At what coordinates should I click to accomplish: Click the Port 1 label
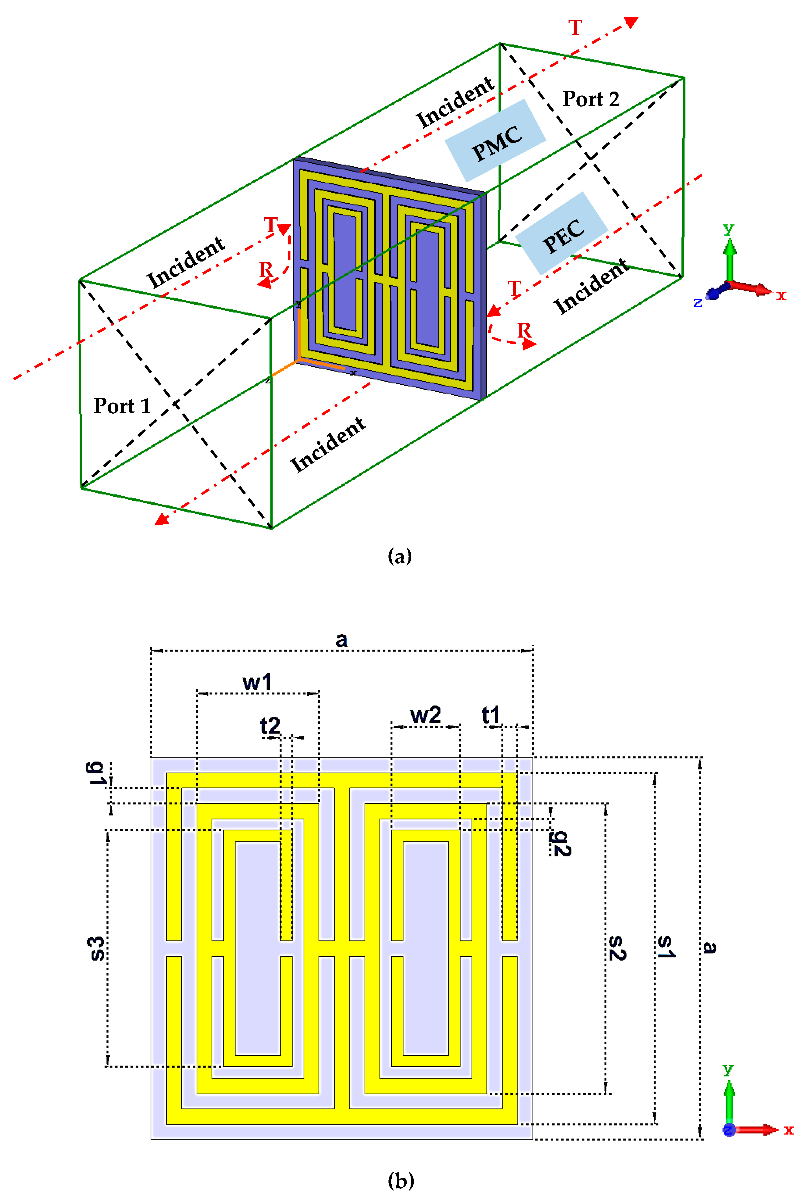pyautogui.click(x=122, y=406)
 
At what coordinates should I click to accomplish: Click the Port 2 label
pyautogui.click(x=591, y=99)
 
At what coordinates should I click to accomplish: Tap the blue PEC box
pyautogui.click(x=562, y=233)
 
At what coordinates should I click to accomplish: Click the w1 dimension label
pyautogui.click(x=257, y=682)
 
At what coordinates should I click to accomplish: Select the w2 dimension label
pyautogui.click(x=426, y=715)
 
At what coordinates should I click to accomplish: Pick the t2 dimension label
pyautogui.click(x=270, y=726)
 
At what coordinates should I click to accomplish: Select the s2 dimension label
pyautogui.click(x=617, y=948)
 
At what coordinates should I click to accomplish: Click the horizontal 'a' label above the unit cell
pyautogui.click(x=341, y=640)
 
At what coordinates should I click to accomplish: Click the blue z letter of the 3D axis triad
pyautogui.click(x=697, y=303)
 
